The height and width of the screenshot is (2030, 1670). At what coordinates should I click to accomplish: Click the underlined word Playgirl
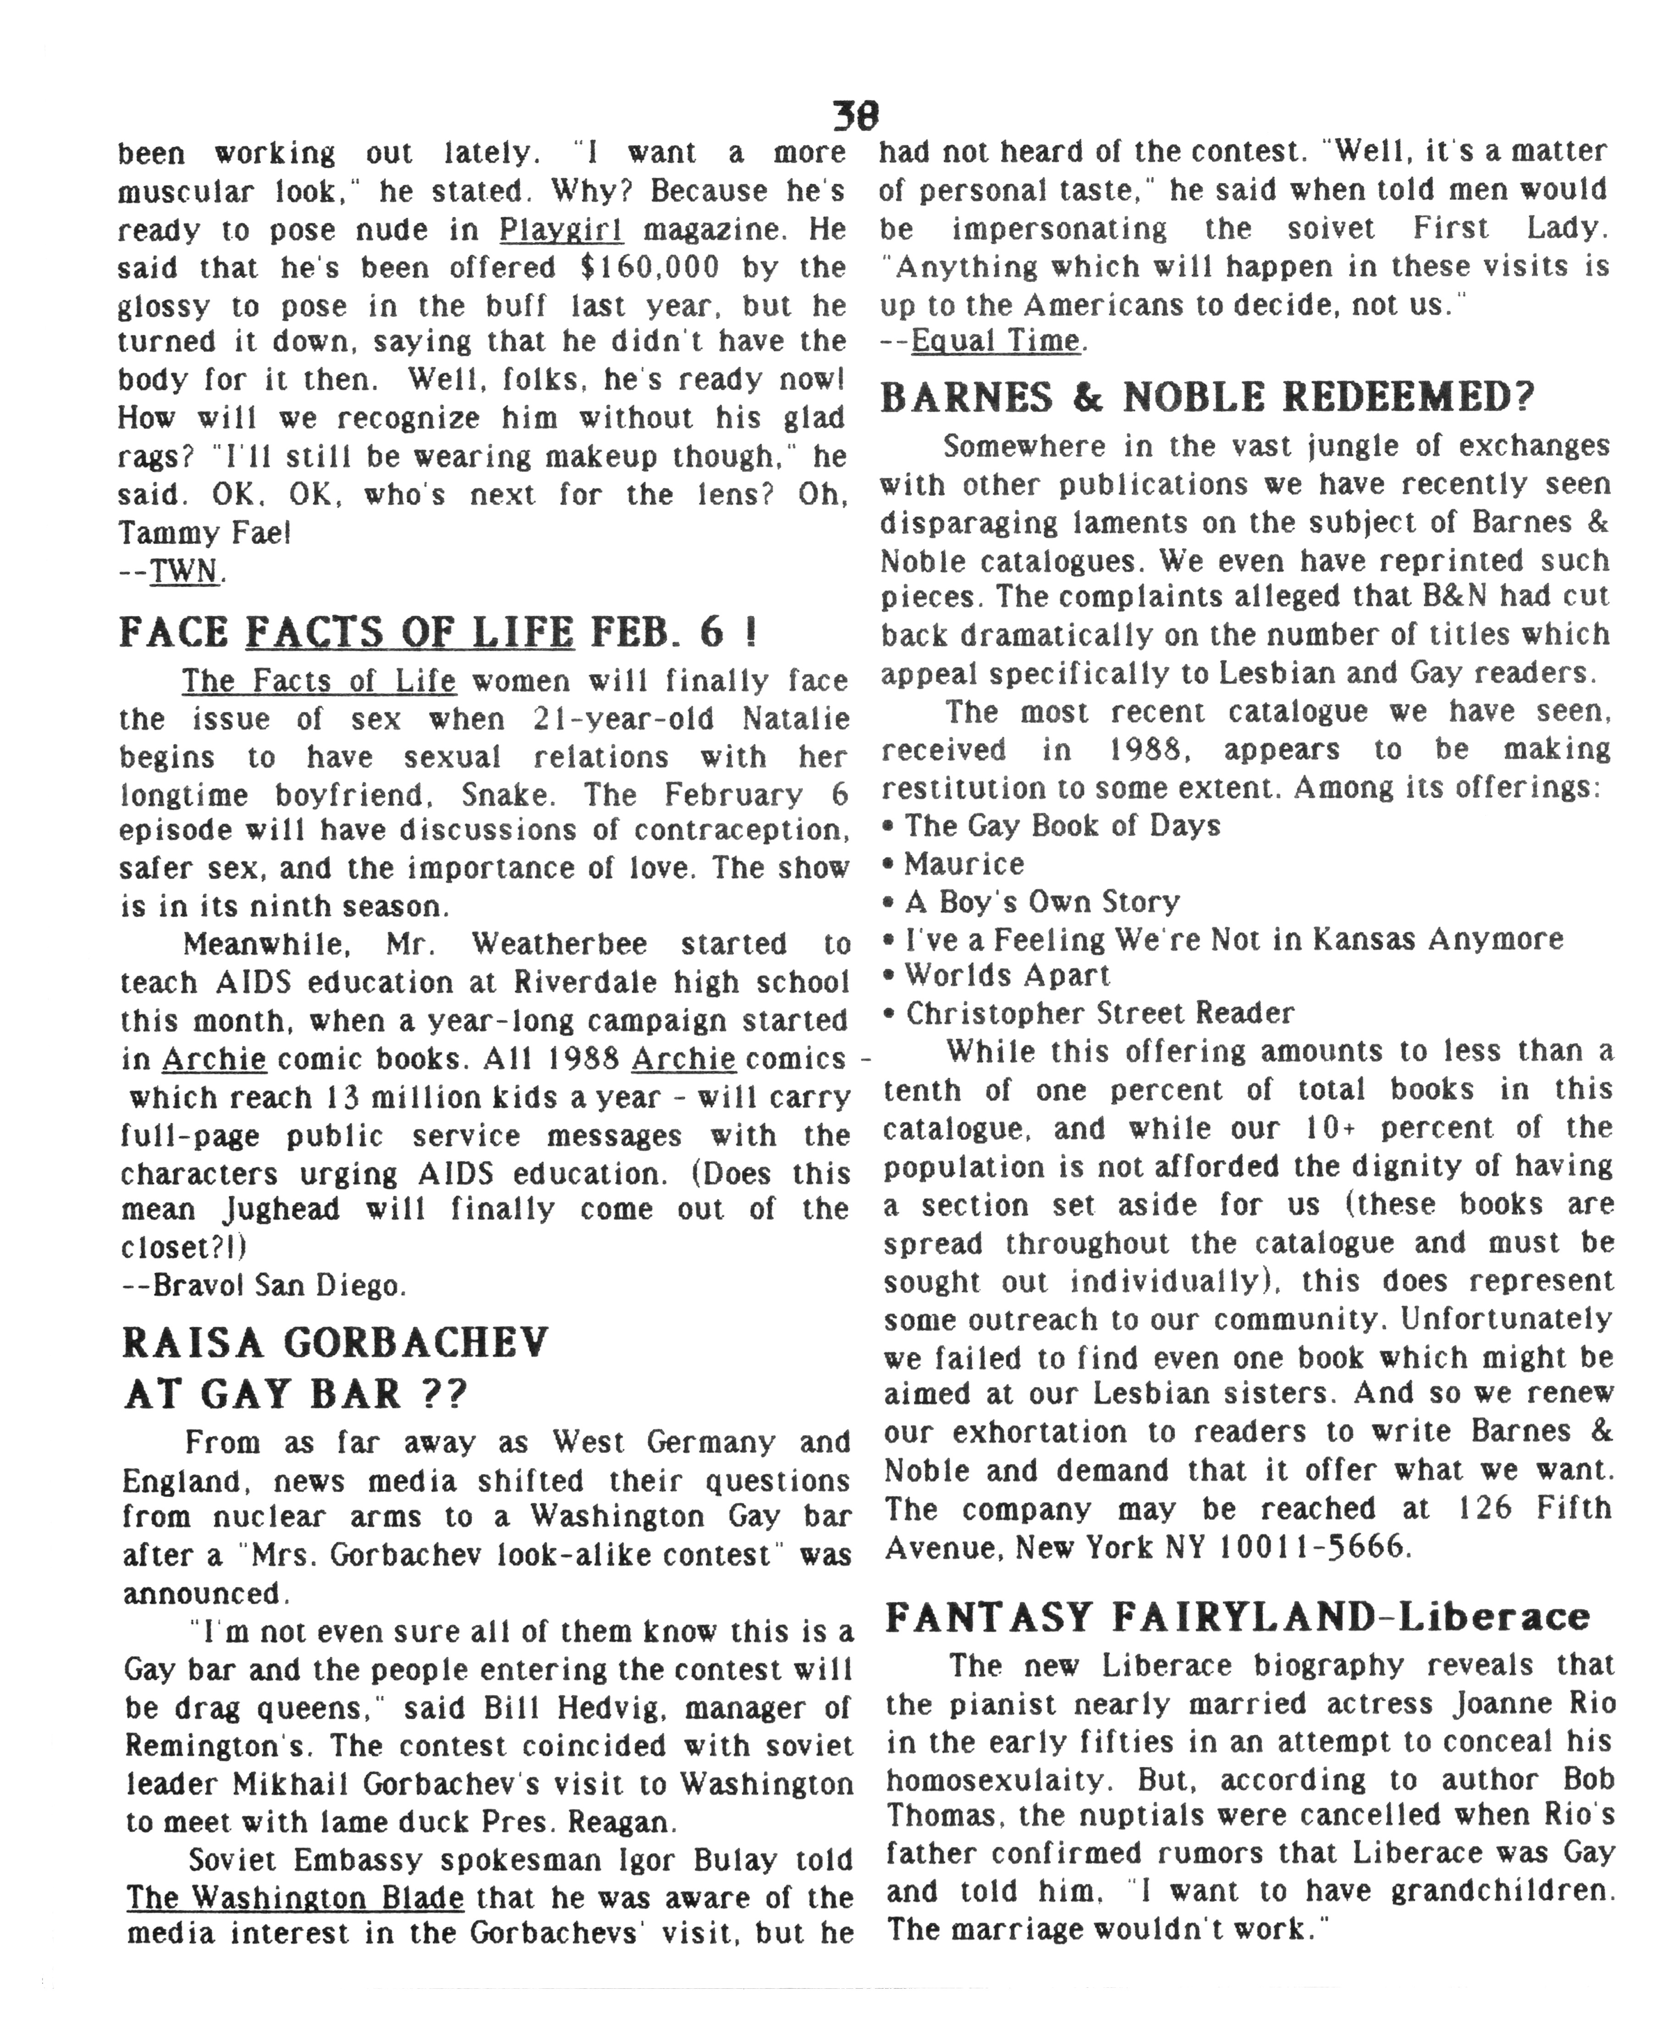click(x=561, y=230)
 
